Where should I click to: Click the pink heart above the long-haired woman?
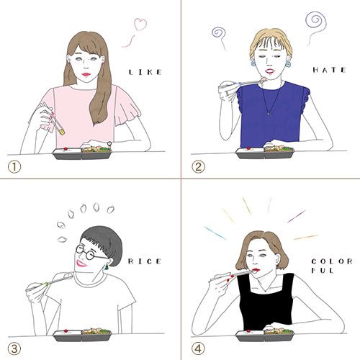(x=140, y=24)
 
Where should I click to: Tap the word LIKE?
(x=145, y=72)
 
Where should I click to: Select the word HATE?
(x=329, y=70)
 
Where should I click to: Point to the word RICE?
(x=145, y=261)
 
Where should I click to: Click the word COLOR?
(x=332, y=261)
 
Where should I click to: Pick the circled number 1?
(x=14, y=167)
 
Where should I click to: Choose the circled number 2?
(x=198, y=167)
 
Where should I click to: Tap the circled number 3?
(x=14, y=349)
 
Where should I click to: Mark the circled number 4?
(x=198, y=349)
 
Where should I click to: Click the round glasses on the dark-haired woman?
(x=89, y=253)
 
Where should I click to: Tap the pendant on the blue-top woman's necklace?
(x=269, y=114)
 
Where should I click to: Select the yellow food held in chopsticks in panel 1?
(x=63, y=132)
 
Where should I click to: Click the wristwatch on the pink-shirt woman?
(x=109, y=144)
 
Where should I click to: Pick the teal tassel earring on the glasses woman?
(x=107, y=266)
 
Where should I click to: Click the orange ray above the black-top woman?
(x=306, y=238)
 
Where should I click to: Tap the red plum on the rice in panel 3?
(x=66, y=331)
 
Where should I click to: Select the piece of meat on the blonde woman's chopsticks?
(x=264, y=79)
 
